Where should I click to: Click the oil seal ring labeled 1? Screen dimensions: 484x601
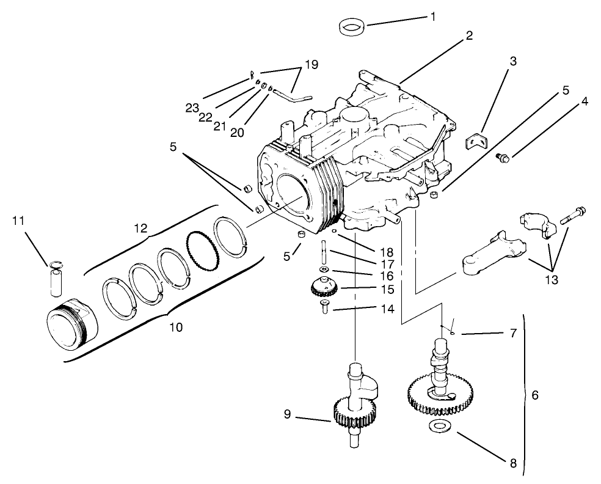tap(351, 28)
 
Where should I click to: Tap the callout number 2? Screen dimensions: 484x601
tap(468, 35)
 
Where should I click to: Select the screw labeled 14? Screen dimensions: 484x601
tap(323, 307)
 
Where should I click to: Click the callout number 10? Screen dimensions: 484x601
tap(175, 328)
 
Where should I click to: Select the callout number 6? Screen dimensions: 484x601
tap(535, 395)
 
